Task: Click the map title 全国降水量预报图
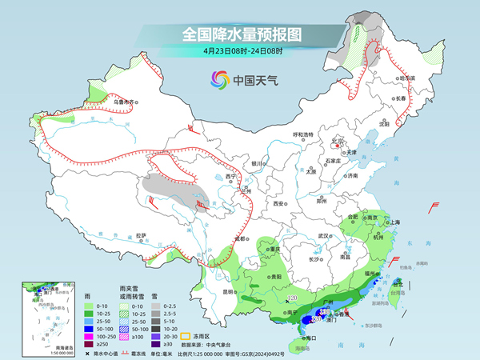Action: click(239, 34)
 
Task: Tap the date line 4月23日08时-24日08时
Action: click(239, 52)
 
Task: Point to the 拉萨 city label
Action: click(142, 236)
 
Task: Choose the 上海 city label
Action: click(394, 222)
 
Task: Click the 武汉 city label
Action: click(324, 236)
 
